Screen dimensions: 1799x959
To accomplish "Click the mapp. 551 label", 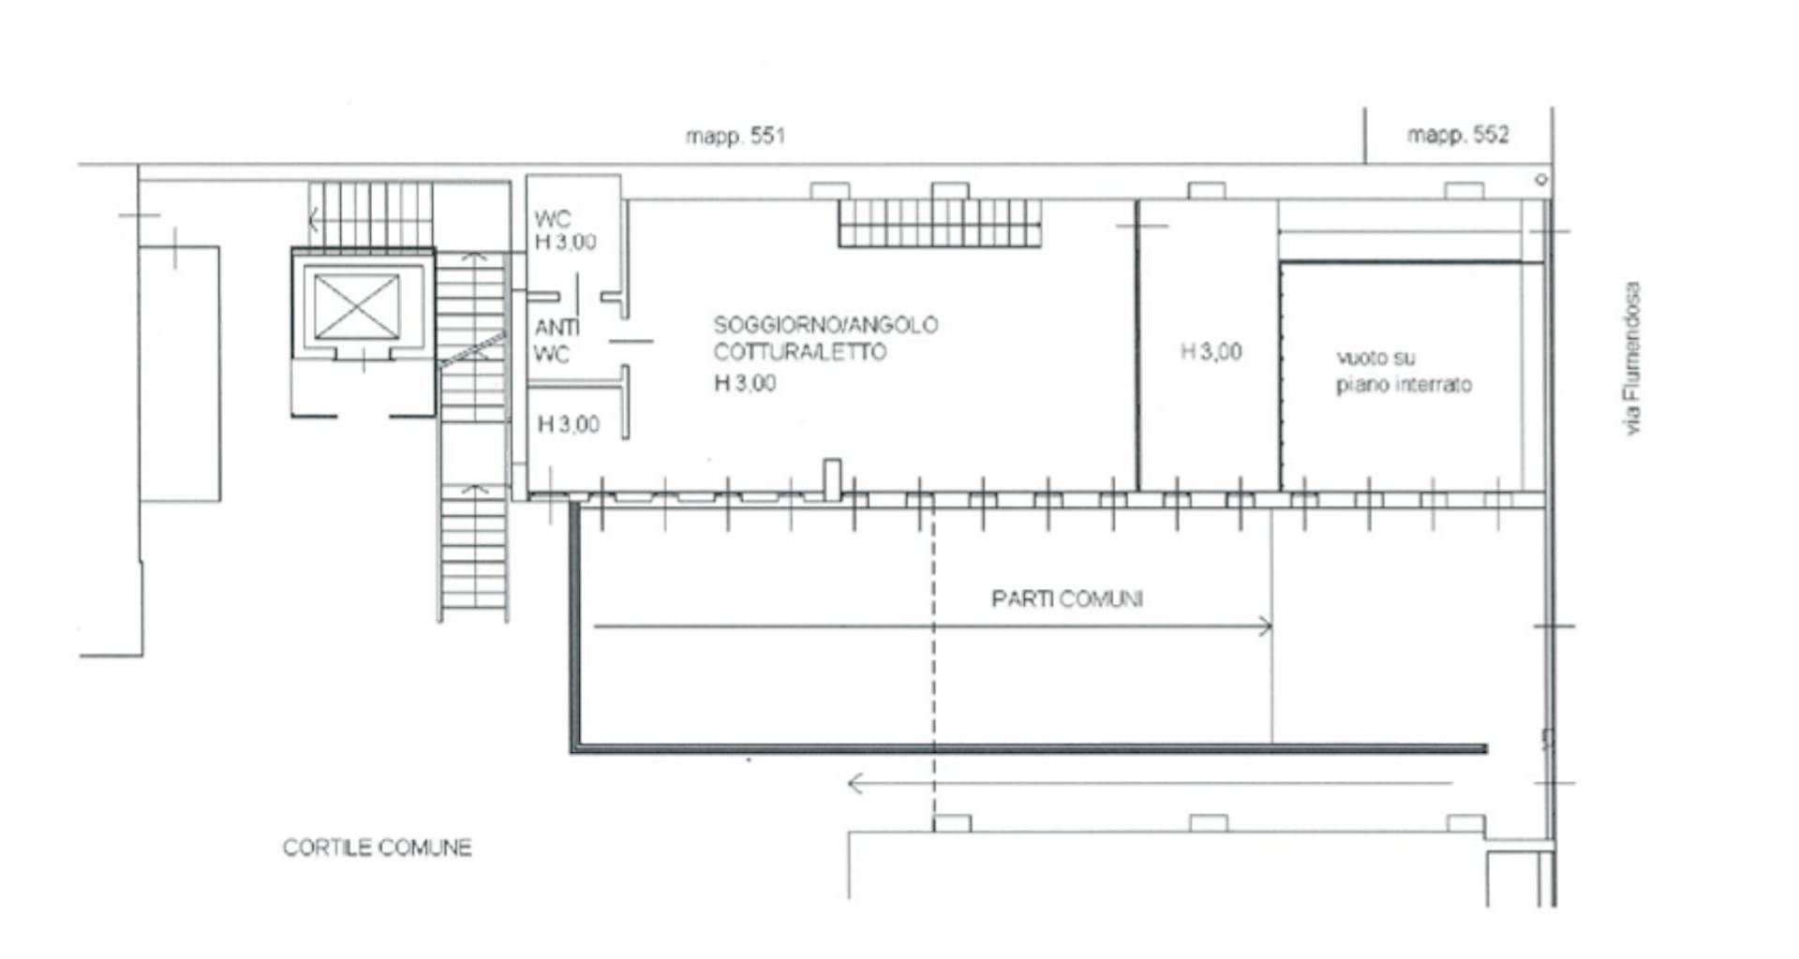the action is [x=736, y=136].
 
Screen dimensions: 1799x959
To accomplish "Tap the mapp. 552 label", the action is [x=1458, y=135].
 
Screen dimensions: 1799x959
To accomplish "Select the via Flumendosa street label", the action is [x=1633, y=358].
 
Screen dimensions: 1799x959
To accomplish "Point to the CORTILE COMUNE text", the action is [x=378, y=848].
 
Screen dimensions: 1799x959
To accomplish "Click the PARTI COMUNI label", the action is [x=1067, y=598].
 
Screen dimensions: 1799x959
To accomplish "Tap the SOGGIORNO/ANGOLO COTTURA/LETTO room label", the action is [x=825, y=339].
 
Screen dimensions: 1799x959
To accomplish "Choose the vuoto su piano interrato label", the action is [x=1404, y=371].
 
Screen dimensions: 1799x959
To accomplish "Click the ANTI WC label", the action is [x=557, y=341].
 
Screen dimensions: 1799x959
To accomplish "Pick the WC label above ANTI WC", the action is [x=552, y=219].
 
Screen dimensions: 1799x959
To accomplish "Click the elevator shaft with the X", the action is [x=357, y=306].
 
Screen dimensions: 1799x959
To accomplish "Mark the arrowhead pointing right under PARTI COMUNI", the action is [x=1266, y=627].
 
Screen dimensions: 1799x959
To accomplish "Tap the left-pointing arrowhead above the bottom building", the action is [x=855, y=783].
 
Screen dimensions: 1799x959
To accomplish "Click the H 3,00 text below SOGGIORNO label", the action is [x=745, y=383].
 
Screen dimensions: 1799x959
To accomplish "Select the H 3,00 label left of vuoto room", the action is [x=1211, y=352].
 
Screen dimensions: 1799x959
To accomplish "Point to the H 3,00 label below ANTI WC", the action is [x=568, y=424].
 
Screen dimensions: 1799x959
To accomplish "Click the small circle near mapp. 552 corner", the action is [x=1540, y=179].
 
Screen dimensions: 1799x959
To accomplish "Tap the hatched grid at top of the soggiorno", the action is [x=940, y=223].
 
